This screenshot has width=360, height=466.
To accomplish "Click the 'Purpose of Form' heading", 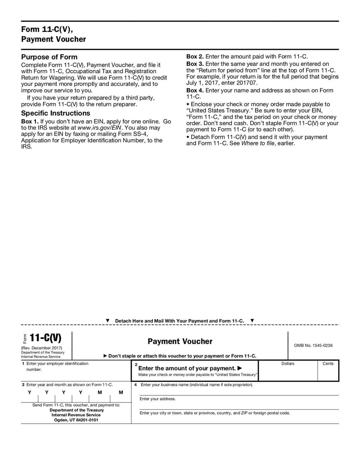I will [49, 57].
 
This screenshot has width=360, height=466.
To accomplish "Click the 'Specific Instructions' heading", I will [56, 113].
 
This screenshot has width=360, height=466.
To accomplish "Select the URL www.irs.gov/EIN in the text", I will [99, 128].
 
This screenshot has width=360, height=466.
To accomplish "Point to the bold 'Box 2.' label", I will [195, 57].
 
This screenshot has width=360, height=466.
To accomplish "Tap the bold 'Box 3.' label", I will [195, 64].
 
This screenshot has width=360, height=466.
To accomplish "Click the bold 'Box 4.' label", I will [195, 90].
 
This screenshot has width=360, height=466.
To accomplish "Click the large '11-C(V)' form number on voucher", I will [45, 338].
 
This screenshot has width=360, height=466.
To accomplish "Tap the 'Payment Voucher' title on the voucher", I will [180, 342].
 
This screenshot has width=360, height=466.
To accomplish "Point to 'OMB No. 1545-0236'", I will [313, 346].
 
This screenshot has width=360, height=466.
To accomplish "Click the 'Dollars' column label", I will [288, 364].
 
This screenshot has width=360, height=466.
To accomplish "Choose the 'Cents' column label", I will [328, 364].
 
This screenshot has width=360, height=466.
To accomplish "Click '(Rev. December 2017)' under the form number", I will [41, 348].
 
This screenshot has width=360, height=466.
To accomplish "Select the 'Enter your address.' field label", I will [157, 399].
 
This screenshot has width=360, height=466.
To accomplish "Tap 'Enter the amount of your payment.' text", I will [187, 368].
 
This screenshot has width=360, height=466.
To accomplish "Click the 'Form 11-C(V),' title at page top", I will [46, 29].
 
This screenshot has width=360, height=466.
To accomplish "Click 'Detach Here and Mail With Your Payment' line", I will [180, 321].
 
